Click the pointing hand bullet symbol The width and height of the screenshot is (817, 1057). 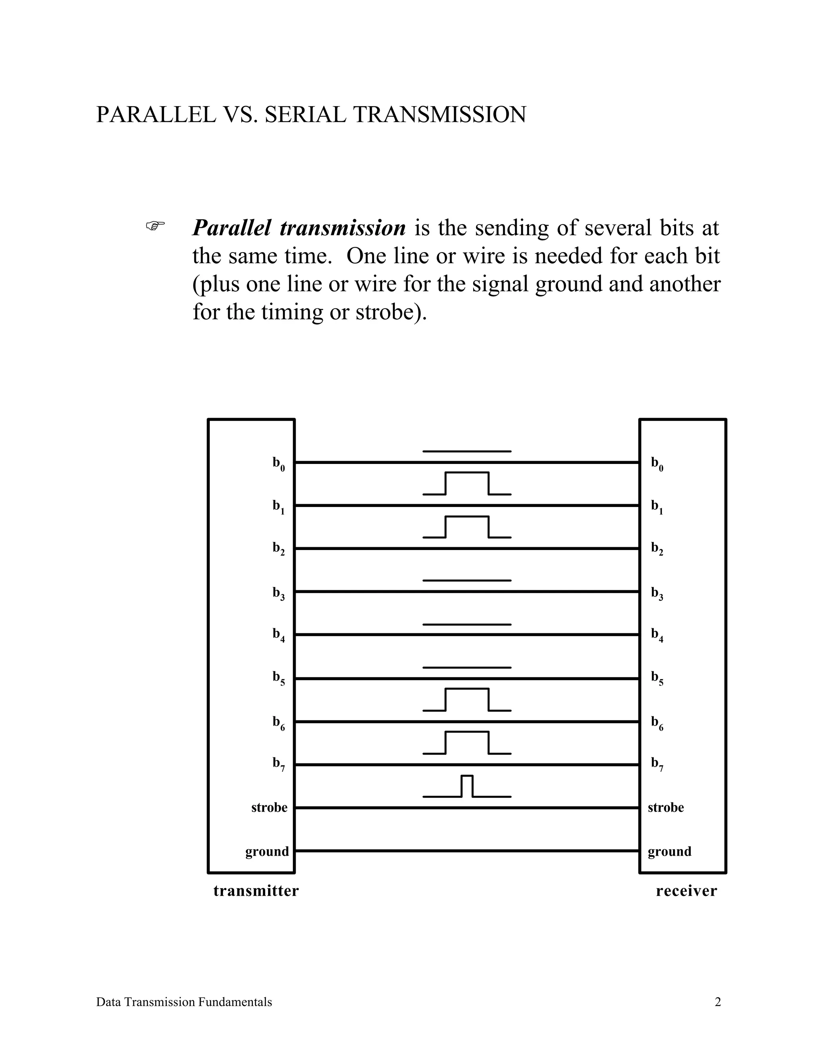pos(155,225)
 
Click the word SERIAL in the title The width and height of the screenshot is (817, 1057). pos(305,115)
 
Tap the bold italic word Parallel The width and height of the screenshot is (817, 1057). pos(231,228)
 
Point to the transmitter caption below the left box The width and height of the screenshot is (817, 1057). pos(256,891)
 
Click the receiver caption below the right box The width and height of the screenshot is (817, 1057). pos(686,891)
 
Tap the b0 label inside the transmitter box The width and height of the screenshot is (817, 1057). pos(278,463)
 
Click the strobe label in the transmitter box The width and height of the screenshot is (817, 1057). pos(269,807)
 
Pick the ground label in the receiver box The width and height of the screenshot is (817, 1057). pos(669,851)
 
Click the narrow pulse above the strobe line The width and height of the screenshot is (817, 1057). pos(467,787)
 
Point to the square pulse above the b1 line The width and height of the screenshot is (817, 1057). pos(467,483)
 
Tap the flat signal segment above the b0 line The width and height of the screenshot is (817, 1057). pos(467,452)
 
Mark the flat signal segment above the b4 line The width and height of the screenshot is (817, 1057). pos(467,624)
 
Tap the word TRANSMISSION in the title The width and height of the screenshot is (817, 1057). pos(440,115)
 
